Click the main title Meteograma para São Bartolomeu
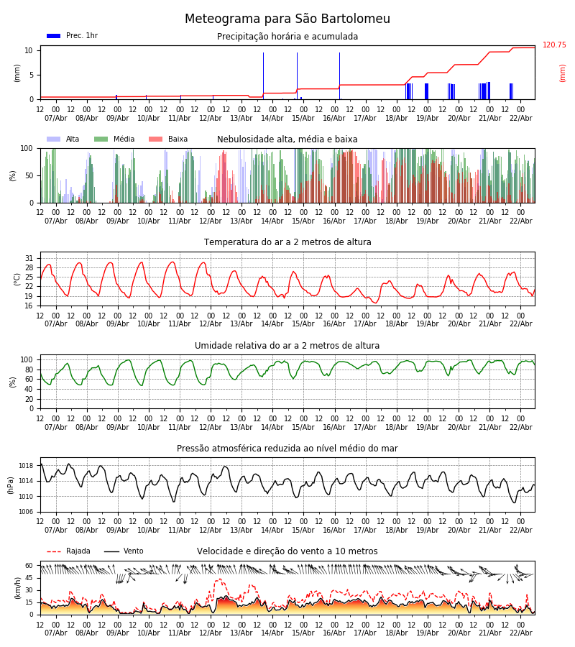pos(287,19)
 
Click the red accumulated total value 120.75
pos(554,45)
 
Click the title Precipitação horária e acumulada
pos(287,37)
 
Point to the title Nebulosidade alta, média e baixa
pos(287,139)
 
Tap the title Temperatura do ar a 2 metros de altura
pos(287,242)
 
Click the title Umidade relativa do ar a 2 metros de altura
pos(287,346)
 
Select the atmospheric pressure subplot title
pos(287,449)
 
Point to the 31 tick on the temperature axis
pos(29,258)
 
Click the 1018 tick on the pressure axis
pos(26,466)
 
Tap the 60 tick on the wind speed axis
pos(29,566)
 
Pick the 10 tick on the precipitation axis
pos(29,50)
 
